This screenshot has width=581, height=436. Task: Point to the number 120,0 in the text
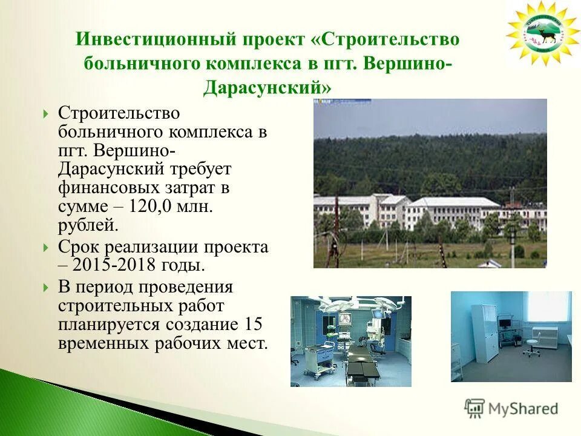click(154, 206)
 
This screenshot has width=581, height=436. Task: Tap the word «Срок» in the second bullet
click(78, 246)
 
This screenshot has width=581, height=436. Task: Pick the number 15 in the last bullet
click(254, 324)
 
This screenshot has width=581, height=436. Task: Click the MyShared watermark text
click(523, 409)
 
